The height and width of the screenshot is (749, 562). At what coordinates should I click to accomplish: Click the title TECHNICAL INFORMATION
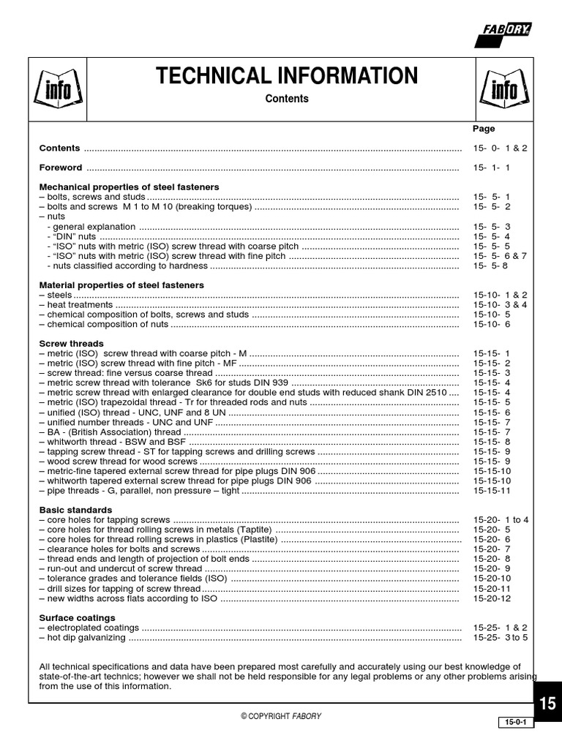click(286, 75)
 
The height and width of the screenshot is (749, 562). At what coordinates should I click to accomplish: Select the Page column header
click(484, 129)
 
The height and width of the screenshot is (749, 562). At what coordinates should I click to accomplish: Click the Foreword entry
click(61, 168)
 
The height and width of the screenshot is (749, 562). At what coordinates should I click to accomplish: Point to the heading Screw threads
click(71, 343)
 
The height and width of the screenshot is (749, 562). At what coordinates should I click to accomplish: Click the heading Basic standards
click(75, 509)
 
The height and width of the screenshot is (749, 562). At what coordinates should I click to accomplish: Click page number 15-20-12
click(492, 598)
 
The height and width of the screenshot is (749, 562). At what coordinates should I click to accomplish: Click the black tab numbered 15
click(547, 703)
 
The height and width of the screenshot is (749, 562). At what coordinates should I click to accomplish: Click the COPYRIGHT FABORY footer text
click(281, 716)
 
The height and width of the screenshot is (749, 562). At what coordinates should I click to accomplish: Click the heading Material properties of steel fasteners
click(121, 285)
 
